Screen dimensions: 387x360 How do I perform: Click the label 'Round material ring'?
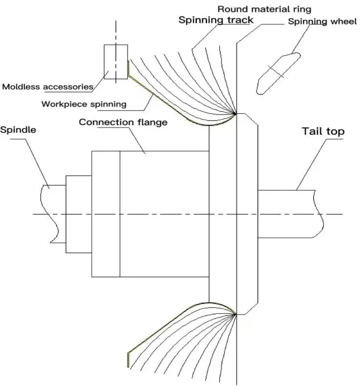[264, 9]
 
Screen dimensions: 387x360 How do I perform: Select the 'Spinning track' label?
[215, 20]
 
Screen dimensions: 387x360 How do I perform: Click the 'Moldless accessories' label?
[47, 87]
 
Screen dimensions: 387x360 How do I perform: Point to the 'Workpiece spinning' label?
[84, 104]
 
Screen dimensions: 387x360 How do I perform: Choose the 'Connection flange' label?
[123, 122]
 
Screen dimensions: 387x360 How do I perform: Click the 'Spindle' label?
[19, 130]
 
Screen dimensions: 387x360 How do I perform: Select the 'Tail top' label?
[323, 131]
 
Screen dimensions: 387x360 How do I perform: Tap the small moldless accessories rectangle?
[116, 61]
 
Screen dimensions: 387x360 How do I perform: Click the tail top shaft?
[288, 214]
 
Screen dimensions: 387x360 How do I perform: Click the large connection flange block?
[164, 214]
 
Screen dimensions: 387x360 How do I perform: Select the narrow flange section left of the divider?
[106, 214]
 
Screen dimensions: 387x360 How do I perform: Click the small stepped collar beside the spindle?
[79, 214]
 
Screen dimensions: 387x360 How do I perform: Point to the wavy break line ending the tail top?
[320, 214]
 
